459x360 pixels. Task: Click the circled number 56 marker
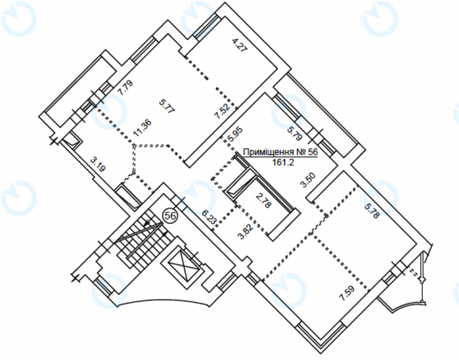pyautogui.click(x=170, y=216)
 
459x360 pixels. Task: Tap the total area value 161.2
pyautogui.click(x=283, y=163)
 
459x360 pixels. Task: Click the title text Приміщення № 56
pyautogui.click(x=281, y=152)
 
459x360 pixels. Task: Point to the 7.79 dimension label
pyautogui.click(x=125, y=88)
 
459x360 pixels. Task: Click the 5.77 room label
pyautogui.click(x=167, y=107)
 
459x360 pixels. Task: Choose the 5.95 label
pyautogui.click(x=235, y=135)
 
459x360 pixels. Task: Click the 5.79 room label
pyautogui.click(x=294, y=133)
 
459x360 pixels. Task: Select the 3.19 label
pyautogui.click(x=98, y=165)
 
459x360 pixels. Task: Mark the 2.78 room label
pyautogui.click(x=263, y=200)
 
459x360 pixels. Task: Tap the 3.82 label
pyautogui.click(x=245, y=232)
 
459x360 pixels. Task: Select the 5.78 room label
pyautogui.click(x=372, y=211)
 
